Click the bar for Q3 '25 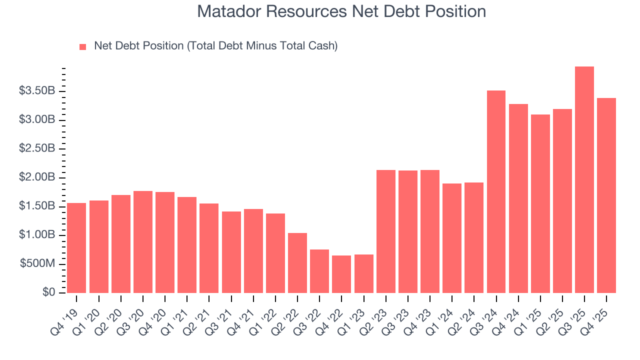[584, 180]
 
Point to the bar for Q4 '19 [76, 248]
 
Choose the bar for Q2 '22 [297, 263]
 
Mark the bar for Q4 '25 [606, 195]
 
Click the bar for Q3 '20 [143, 242]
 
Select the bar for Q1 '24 [452, 238]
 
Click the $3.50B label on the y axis [37, 91]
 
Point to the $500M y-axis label [37, 264]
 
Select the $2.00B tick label [37, 177]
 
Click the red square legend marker [83, 46]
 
